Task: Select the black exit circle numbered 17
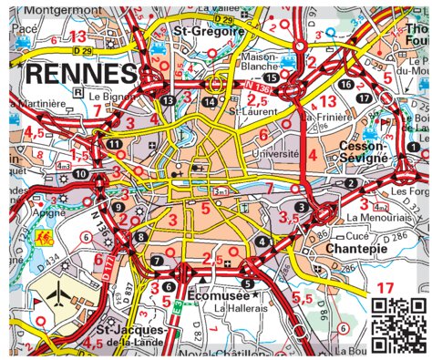tap(364, 98)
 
